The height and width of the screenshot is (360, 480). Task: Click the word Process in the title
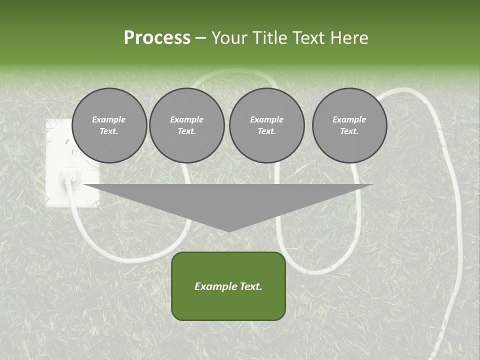pos(157,38)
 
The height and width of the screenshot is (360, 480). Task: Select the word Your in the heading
pos(230,38)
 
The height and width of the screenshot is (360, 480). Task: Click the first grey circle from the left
pos(109,125)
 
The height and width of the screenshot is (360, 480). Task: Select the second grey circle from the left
pos(187,125)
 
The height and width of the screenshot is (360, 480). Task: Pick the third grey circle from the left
pos(266,125)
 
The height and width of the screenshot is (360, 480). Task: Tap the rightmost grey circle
pos(349,125)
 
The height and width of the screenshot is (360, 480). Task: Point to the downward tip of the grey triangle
pos(229,230)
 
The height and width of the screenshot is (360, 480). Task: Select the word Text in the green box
pos(249,286)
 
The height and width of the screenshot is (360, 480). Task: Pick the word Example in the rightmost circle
pos(349,119)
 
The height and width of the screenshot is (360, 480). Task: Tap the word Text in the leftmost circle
pos(108,131)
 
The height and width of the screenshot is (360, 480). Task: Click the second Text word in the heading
pos(308,38)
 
